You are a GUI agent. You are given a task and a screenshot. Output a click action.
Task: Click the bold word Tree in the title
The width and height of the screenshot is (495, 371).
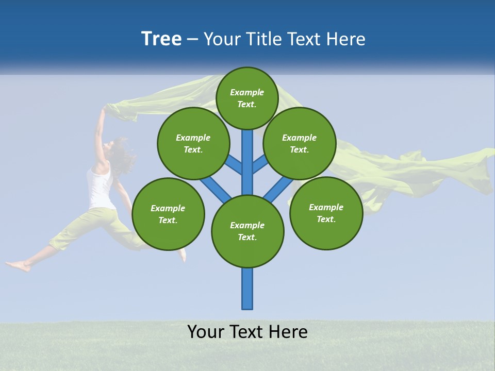pyautogui.click(x=161, y=39)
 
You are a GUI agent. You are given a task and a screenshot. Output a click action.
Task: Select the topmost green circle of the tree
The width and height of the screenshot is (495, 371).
pyautogui.click(x=247, y=98)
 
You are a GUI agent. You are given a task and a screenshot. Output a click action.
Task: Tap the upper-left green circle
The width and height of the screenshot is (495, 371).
pyautogui.click(x=193, y=143)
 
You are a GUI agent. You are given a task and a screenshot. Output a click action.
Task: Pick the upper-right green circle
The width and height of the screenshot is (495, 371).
pyautogui.click(x=300, y=143)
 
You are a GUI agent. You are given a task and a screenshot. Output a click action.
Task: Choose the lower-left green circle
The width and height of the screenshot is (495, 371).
pyautogui.click(x=168, y=214)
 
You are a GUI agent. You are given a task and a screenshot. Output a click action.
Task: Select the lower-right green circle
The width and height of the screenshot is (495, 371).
pyautogui.click(x=326, y=213)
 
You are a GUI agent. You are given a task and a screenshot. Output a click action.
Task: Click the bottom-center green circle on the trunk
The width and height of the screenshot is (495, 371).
pyautogui.click(x=247, y=231)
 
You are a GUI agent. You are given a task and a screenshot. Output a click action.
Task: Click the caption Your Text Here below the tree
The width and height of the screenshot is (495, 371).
pyautogui.click(x=247, y=332)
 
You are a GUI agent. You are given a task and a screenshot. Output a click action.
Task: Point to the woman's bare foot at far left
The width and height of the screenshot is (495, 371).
pyautogui.click(x=18, y=266)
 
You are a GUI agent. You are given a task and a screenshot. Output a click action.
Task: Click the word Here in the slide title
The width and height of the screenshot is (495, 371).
pyautogui.click(x=346, y=39)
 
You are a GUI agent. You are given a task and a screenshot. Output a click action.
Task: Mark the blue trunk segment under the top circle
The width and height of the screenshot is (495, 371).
pyautogui.click(x=247, y=155)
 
